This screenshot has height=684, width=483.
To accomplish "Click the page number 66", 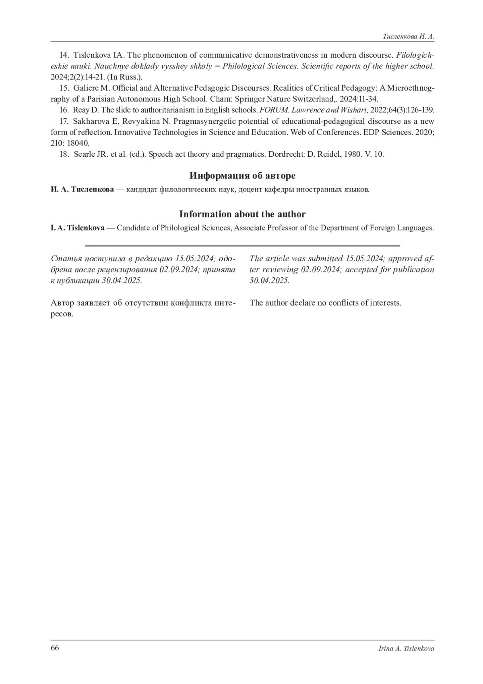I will click(x=55, y=648).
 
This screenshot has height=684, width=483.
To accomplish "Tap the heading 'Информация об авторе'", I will click(x=242, y=176).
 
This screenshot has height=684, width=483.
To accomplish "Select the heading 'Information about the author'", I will click(x=242, y=214).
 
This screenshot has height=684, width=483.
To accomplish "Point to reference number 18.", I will click(x=64, y=154).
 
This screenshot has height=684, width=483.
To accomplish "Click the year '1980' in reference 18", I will click(x=353, y=154).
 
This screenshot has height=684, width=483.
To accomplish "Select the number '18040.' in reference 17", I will click(x=79, y=143).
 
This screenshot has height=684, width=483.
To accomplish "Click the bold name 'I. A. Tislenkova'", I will click(x=78, y=228).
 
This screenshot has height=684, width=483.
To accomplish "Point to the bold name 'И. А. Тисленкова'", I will click(x=83, y=189).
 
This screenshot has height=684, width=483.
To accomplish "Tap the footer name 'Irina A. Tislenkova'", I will click(x=407, y=648).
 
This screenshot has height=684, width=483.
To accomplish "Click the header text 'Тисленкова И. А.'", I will click(x=408, y=36).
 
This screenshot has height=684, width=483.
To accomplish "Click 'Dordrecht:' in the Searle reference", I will click(x=286, y=154).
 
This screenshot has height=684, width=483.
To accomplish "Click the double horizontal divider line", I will click(x=242, y=245).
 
